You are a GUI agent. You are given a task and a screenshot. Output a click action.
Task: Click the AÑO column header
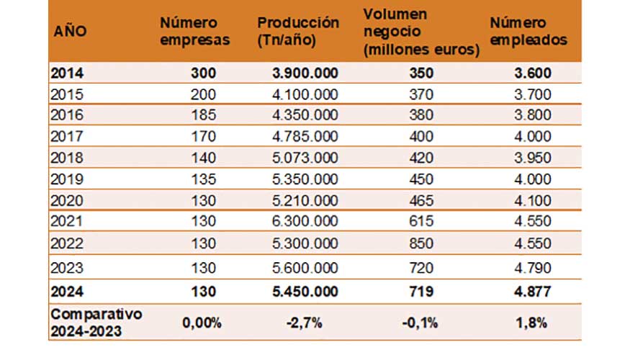[x=71, y=32]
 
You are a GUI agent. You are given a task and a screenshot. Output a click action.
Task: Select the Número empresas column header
[x=194, y=32]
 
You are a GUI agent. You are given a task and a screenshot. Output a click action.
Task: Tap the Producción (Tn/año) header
[x=298, y=32]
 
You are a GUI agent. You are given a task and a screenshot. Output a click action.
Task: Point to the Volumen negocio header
[x=421, y=32]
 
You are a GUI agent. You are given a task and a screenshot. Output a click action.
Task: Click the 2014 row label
[x=68, y=73]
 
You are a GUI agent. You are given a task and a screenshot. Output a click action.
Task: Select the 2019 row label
[x=68, y=174]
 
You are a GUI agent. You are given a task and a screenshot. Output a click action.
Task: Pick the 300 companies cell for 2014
[x=203, y=73]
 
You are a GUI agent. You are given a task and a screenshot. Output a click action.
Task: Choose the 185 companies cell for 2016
[x=203, y=114]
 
